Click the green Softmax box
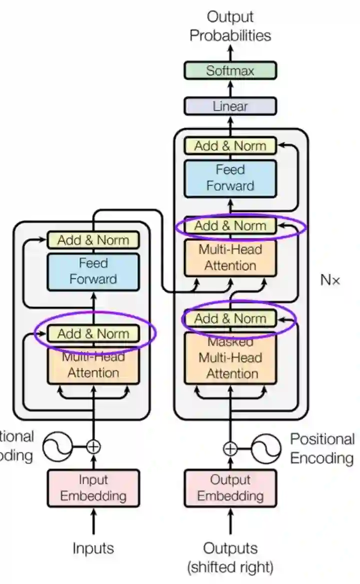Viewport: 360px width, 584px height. [x=230, y=70]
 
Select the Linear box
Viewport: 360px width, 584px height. [x=230, y=106]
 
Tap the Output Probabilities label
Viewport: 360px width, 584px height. [x=230, y=26]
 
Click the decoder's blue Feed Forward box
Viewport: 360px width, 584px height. [x=230, y=178]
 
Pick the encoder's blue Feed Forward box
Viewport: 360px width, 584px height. [x=93, y=271]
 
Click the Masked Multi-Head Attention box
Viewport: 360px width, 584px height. [x=230, y=358]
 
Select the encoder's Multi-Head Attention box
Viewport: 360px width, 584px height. [x=93, y=365]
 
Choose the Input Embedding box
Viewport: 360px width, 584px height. [x=93, y=488]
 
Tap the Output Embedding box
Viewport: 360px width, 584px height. [x=230, y=488]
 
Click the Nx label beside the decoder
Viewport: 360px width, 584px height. [x=329, y=280]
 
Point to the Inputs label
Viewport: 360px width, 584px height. [x=93, y=548]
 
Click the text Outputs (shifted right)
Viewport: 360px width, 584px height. [x=230, y=557]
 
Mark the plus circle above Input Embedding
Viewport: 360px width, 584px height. [x=93, y=446]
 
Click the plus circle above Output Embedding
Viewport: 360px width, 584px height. [x=230, y=448]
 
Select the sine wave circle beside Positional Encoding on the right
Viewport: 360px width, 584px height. [x=265, y=448]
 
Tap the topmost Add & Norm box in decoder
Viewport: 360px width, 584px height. [x=230, y=145]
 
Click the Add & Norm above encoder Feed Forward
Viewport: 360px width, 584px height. [x=93, y=240]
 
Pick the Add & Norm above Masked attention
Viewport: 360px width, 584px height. [x=230, y=318]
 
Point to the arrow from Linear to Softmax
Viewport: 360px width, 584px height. [x=230, y=88]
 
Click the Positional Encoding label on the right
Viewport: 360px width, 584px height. [x=322, y=448]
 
